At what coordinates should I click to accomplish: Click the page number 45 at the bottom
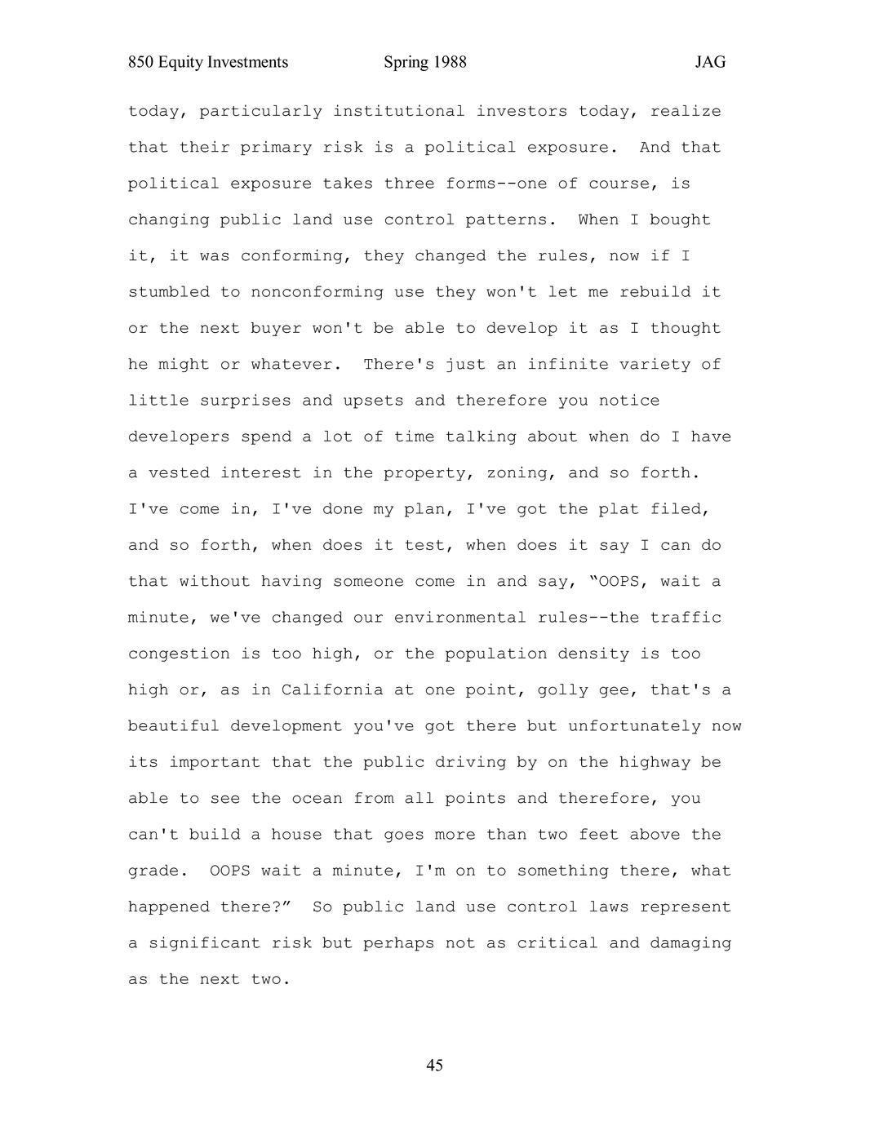point(434,1065)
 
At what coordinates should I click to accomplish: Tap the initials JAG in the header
point(710,63)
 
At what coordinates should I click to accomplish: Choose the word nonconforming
point(317,292)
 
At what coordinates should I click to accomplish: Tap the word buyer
point(276,329)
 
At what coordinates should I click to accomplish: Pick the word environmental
point(460,618)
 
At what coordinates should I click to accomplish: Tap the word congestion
point(179,654)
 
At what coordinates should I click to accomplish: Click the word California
point(332,690)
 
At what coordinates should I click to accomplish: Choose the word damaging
point(690,943)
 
